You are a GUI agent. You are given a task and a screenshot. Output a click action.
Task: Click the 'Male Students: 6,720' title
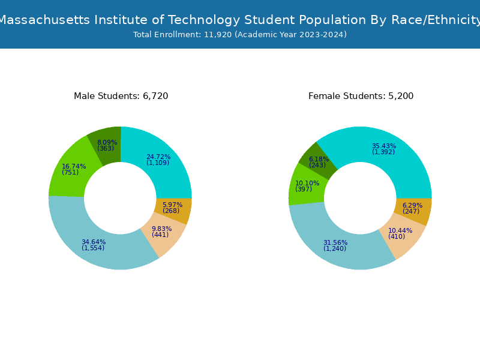click(x=121, y=96)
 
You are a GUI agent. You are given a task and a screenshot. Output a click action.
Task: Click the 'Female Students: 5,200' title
click(x=361, y=96)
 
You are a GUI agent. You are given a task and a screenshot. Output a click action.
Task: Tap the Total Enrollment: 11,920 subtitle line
click(x=240, y=35)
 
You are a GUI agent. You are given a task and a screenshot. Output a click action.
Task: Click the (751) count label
click(x=70, y=173)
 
